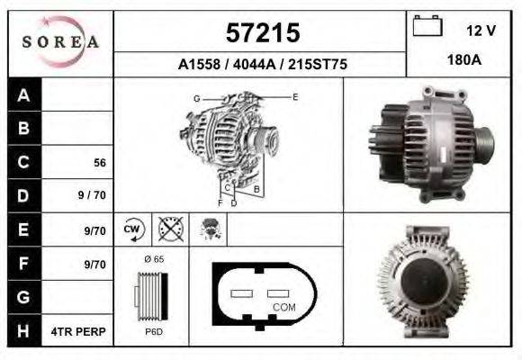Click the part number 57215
261,34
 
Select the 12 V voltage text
481,31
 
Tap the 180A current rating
464,61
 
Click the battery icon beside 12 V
426,27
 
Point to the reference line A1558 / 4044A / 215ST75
263,65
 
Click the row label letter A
23,95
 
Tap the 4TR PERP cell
79,331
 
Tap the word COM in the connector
283,307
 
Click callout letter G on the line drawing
195,97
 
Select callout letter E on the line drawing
295,96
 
